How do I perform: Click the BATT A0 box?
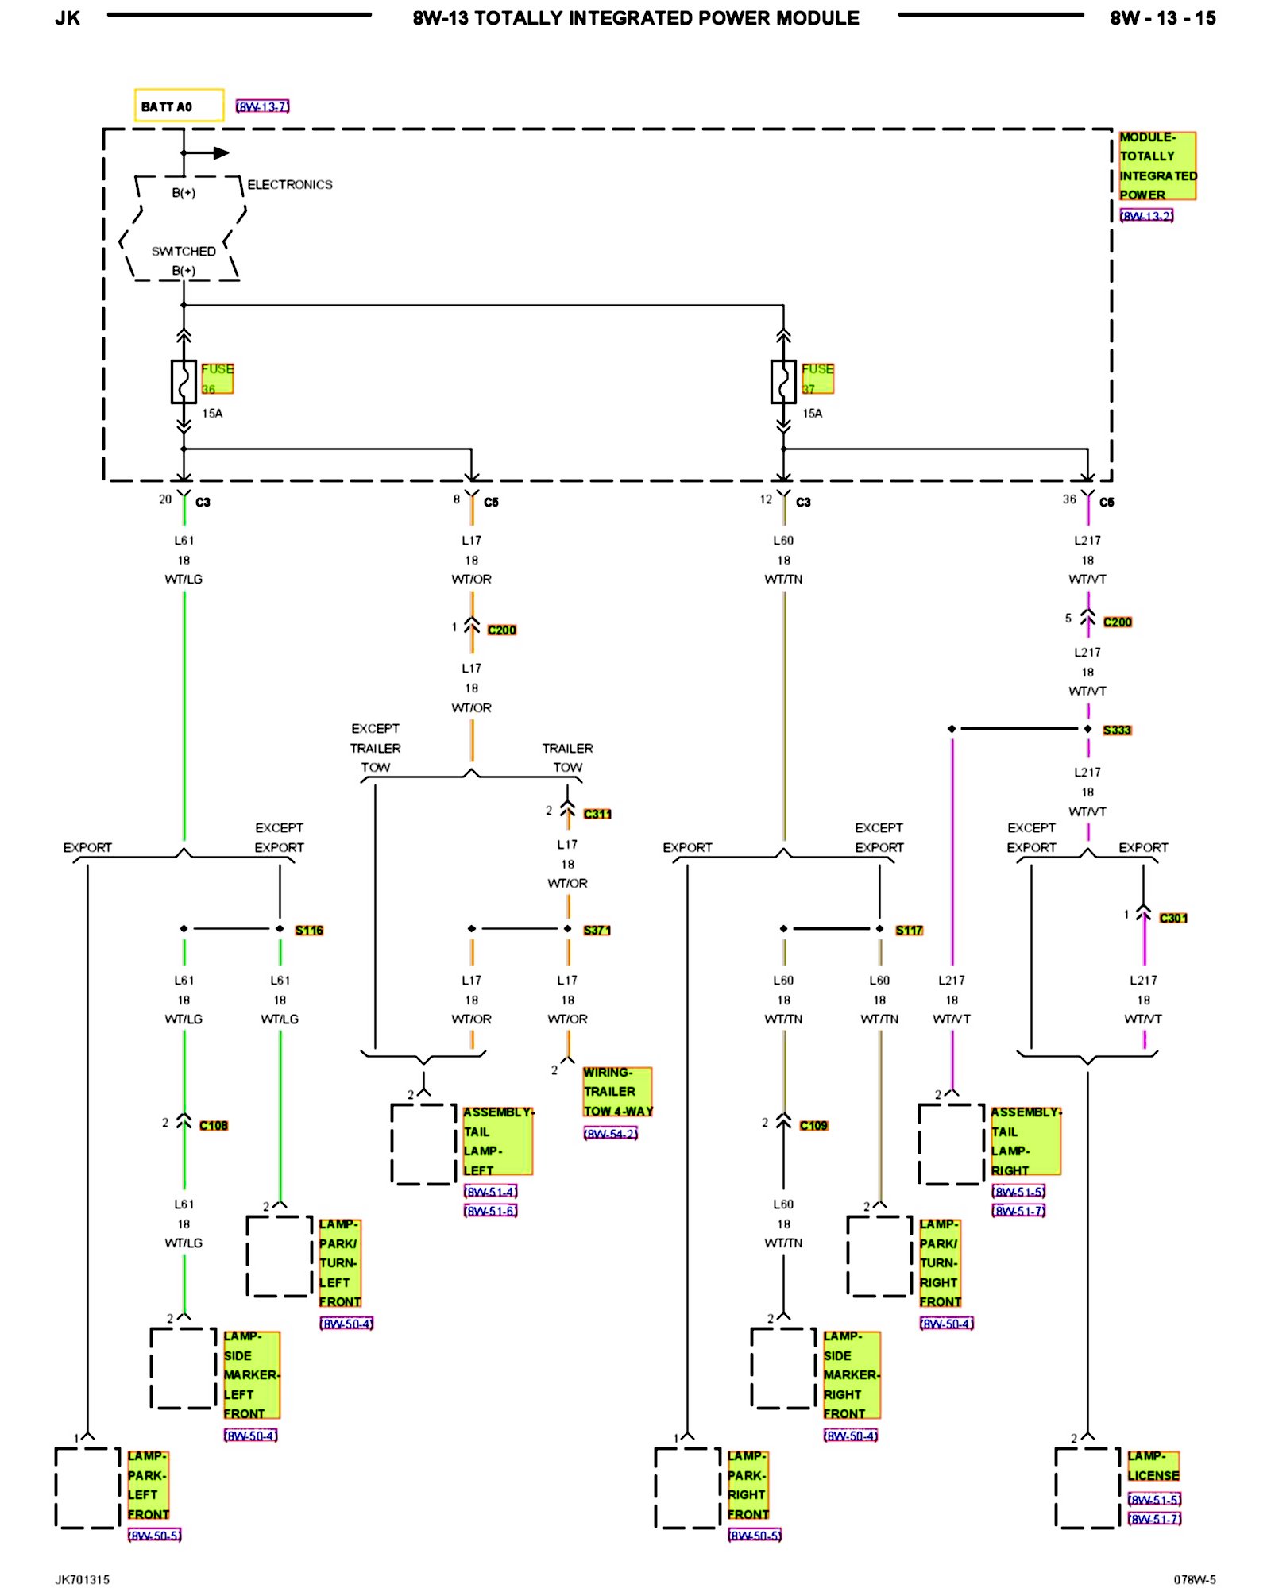(x=179, y=106)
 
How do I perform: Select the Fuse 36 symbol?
(x=184, y=382)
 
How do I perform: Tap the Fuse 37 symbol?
(x=783, y=382)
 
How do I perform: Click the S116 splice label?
(x=309, y=930)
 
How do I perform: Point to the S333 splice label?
(x=1117, y=730)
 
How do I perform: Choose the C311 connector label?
(x=597, y=814)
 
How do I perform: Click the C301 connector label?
(x=1173, y=918)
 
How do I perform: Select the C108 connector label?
(x=214, y=1125)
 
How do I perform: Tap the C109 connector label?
(x=813, y=1125)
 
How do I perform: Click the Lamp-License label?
(x=1153, y=1466)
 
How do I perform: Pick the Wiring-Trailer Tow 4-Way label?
(x=618, y=1092)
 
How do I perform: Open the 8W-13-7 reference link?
(x=262, y=106)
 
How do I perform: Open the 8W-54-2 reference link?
(x=610, y=1134)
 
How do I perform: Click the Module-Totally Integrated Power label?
(x=1157, y=166)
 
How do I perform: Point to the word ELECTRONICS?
(x=290, y=184)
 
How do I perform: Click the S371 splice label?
(x=597, y=930)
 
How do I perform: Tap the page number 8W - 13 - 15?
(x=1163, y=18)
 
